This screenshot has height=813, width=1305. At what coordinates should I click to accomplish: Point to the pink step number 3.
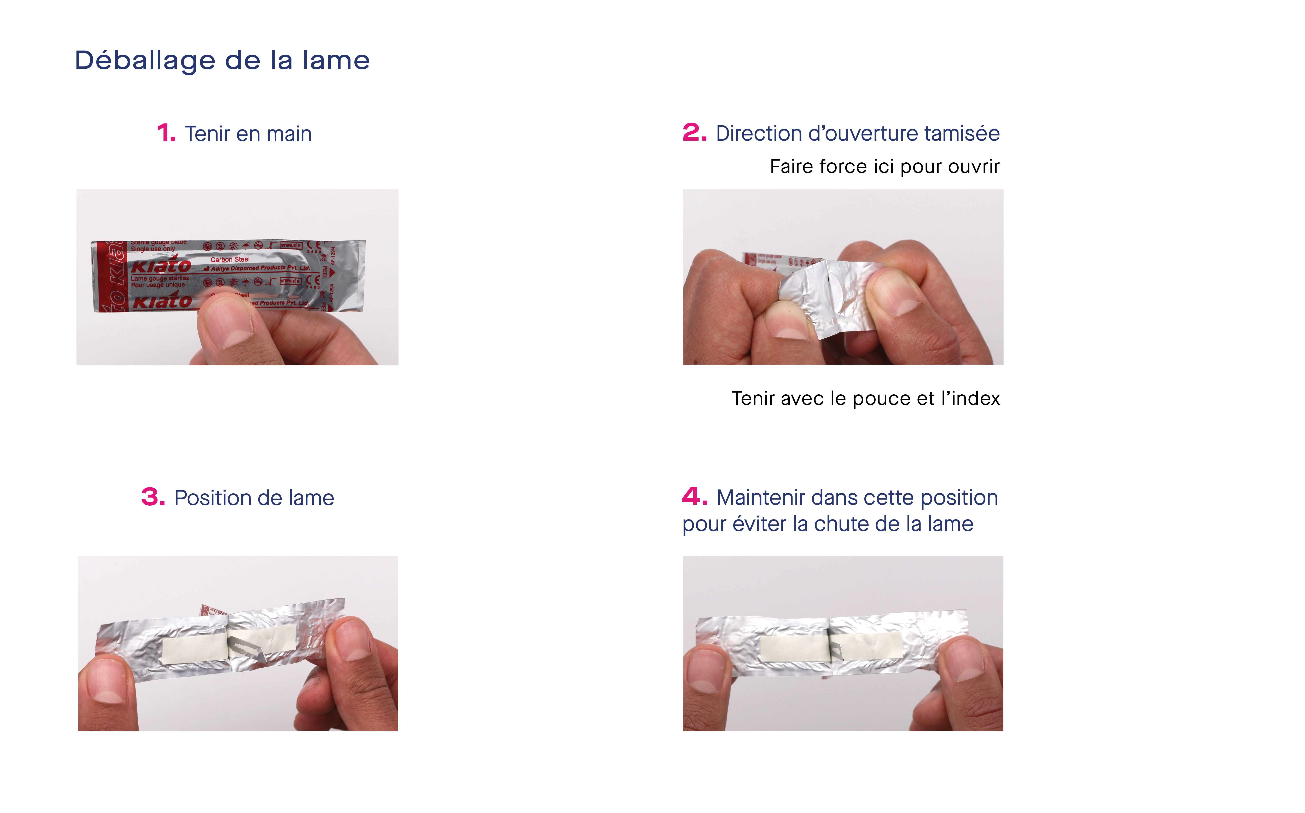pyautogui.click(x=153, y=497)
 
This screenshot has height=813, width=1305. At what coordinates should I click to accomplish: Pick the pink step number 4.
pyautogui.click(x=694, y=497)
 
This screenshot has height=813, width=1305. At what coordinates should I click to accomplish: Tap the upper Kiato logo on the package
pyautogui.click(x=161, y=265)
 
